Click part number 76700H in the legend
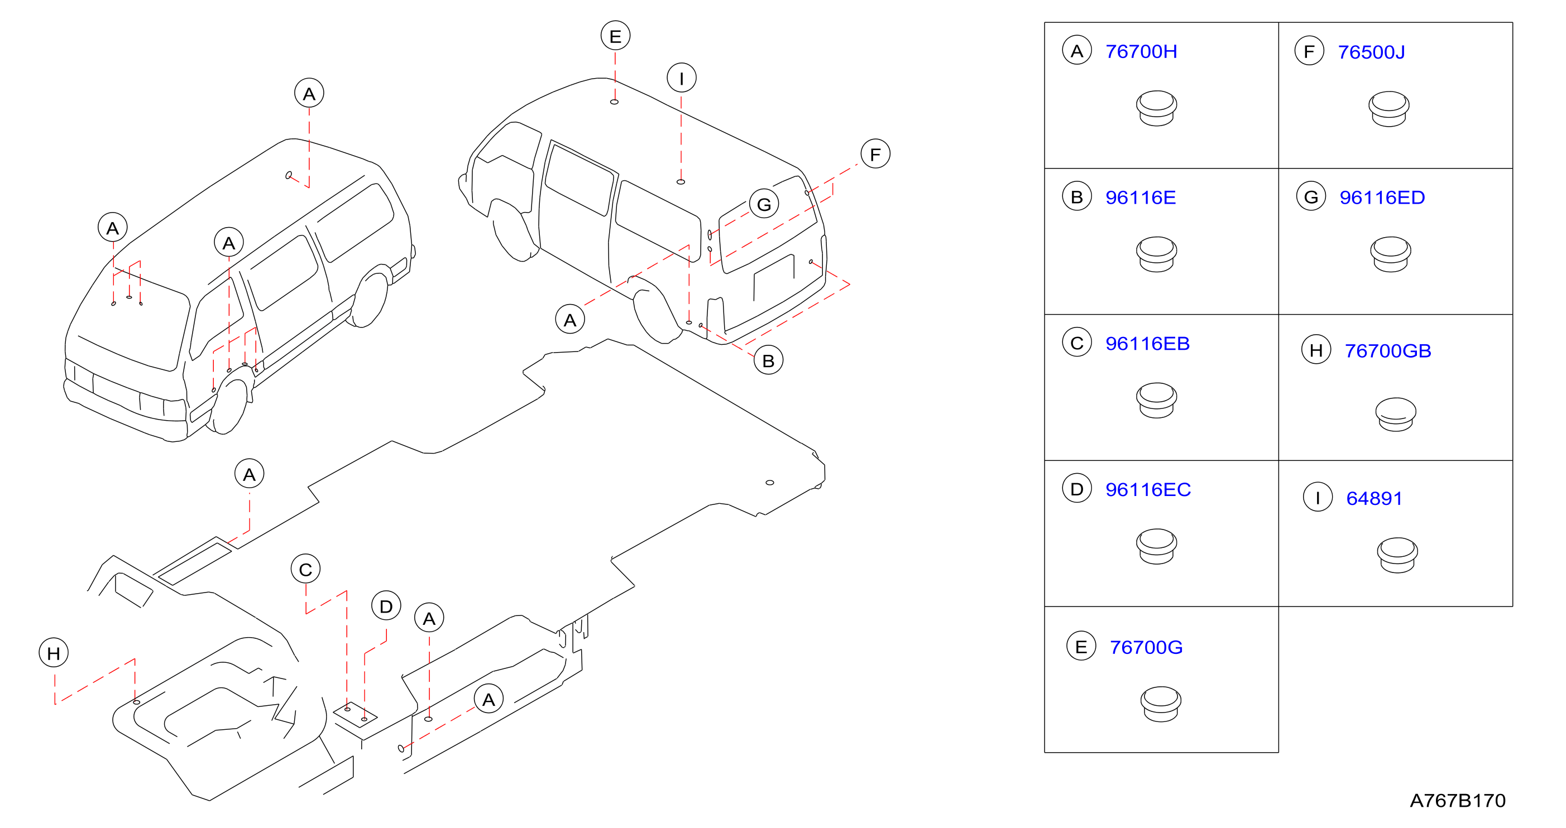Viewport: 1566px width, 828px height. (1141, 52)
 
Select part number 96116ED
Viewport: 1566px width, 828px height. (1382, 198)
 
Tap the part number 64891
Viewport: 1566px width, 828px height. (1374, 498)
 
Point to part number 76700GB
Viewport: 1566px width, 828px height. (1388, 350)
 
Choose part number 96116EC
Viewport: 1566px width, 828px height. (1148, 490)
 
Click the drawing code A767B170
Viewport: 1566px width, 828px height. (1457, 801)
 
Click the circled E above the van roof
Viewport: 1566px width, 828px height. (615, 36)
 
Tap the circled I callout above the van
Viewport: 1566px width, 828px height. (682, 78)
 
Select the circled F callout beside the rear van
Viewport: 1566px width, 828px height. (875, 155)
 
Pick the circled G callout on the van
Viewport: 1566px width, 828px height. (764, 204)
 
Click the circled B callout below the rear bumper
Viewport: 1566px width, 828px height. (768, 361)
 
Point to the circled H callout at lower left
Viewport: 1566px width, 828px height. (54, 653)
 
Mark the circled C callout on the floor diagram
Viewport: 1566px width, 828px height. (306, 569)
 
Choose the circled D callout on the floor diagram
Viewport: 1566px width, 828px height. (386, 606)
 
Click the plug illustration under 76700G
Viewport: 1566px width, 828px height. (1161, 704)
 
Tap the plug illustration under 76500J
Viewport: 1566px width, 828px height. (1388, 109)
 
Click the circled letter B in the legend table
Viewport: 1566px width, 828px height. (1076, 197)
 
